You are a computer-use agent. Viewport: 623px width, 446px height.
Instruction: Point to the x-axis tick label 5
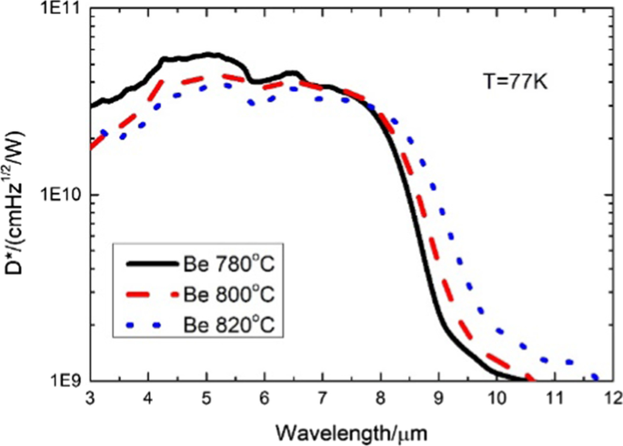pyautogui.click(x=206, y=399)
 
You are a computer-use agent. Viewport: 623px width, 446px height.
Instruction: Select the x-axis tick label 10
pyautogui.click(x=497, y=399)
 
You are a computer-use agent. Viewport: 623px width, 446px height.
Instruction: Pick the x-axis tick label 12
pyautogui.click(x=613, y=399)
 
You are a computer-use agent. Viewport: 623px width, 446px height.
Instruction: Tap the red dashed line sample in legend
pyautogui.click(x=146, y=296)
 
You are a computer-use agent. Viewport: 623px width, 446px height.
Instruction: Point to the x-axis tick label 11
pyautogui.click(x=555, y=399)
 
